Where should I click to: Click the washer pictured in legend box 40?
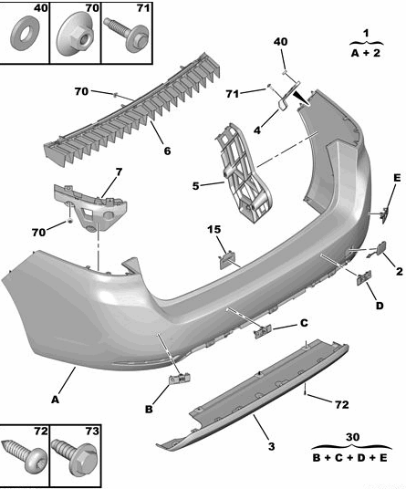(x=25, y=34)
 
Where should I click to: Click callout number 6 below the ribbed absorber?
(x=168, y=151)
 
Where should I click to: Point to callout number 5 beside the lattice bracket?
(x=195, y=186)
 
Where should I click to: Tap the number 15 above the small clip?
(x=214, y=230)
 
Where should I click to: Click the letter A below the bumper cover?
(x=55, y=400)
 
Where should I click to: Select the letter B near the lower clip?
(x=149, y=409)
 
